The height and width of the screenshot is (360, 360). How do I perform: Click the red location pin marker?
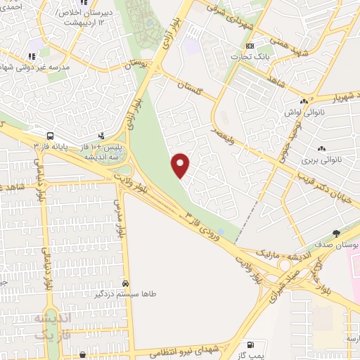pyautogui.click(x=181, y=165)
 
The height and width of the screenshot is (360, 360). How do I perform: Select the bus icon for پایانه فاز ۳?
pyautogui.click(x=50, y=135)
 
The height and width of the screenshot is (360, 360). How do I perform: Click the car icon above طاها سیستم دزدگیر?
pyautogui.click(x=124, y=283)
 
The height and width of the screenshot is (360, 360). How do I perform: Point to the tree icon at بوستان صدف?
pyautogui.click(x=336, y=233)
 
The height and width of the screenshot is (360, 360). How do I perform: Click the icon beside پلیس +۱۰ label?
pyautogui.click(x=101, y=135)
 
